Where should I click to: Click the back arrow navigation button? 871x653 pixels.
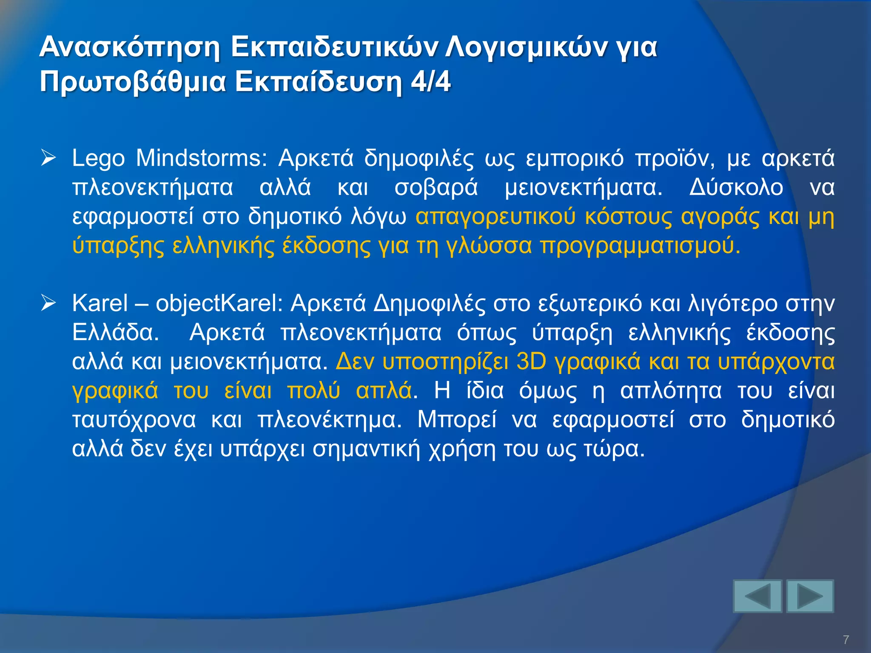pyautogui.click(x=757, y=596)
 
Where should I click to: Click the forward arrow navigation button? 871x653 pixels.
pyautogui.click(x=810, y=596)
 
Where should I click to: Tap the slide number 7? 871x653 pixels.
pyautogui.click(x=846, y=639)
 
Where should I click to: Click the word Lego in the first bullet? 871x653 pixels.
pyautogui.click(x=98, y=159)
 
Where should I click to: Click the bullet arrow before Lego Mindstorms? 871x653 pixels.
pyautogui.click(x=48, y=159)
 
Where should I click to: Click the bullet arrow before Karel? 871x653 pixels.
pyautogui.click(x=48, y=304)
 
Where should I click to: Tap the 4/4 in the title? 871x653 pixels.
pyautogui.click(x=430, y=82)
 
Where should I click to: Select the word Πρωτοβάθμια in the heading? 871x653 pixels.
pyautogui.click(x=132, y=82)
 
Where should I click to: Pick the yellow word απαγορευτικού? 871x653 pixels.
pyautogui.click(x=495, y=217)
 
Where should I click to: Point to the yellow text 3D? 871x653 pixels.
pyautogui.click(x=531, y=362)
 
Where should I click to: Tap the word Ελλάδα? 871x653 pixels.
pyautogui.click(x=115, y=332)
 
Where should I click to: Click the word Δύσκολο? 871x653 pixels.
pyautogui.click(x=736, y=187)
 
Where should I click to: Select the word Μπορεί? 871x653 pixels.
pyautogui.click(x=456, y=420)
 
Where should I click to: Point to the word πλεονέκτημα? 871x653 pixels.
pyautogui.click(x=330, y=420)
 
